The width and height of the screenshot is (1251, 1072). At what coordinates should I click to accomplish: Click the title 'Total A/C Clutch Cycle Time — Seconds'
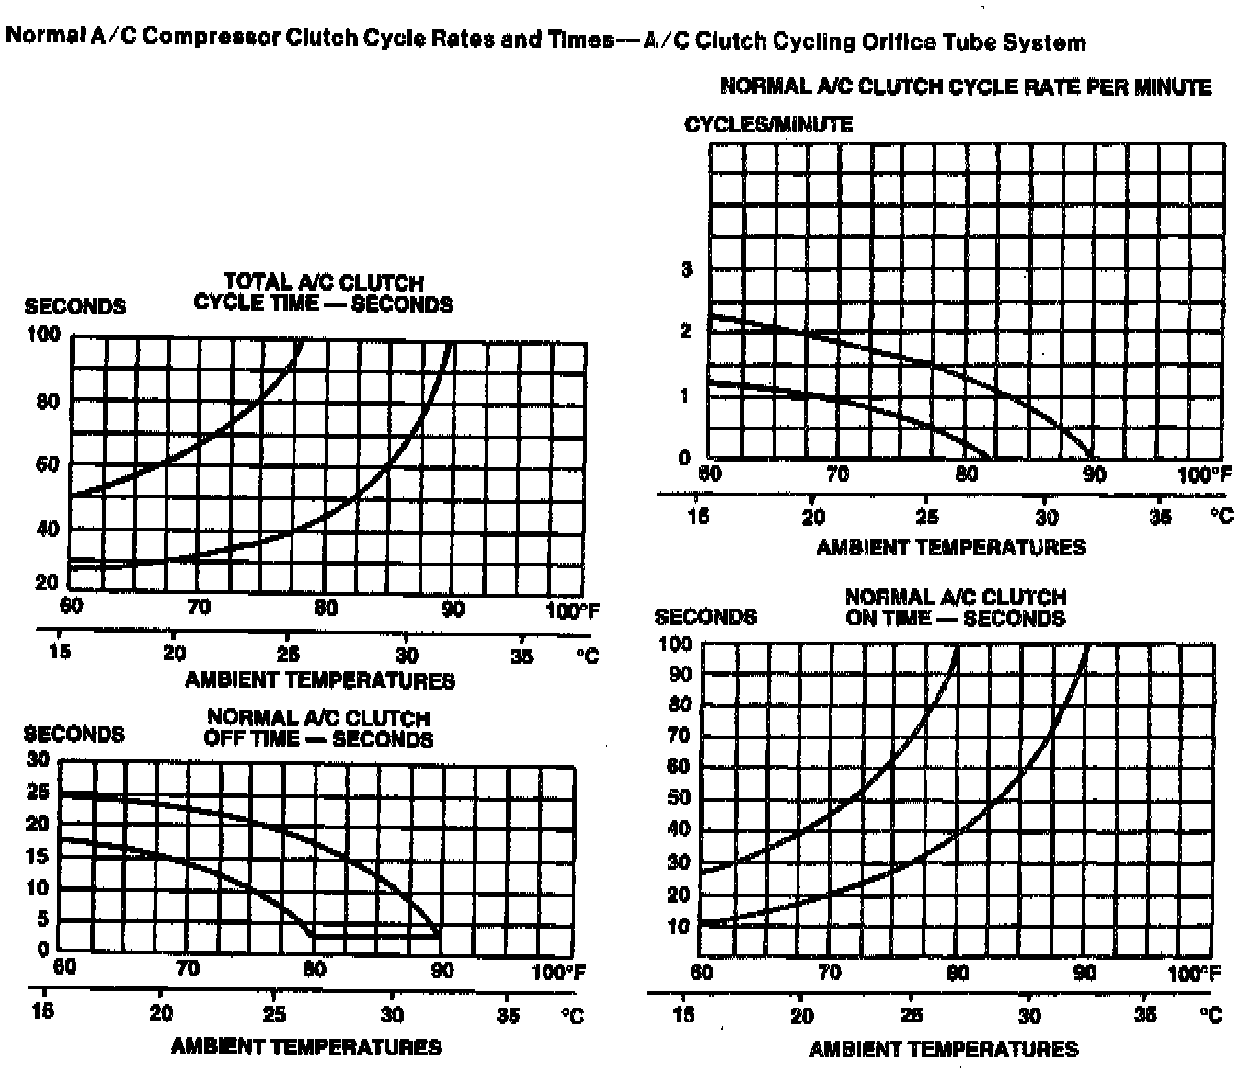[x=323, y=292]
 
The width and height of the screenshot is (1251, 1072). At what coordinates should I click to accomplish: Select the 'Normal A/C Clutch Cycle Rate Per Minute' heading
[x=965, y=87]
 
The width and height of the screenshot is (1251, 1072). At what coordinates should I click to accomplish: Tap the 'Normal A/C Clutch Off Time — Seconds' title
[x=318, y=728]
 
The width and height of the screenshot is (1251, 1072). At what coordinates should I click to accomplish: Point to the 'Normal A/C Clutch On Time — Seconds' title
[x=955, y=608]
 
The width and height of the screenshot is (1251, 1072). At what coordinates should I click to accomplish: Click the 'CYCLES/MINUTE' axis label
[x=768, y=124]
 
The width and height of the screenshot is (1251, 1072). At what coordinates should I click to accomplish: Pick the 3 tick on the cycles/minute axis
[x=685, y=269]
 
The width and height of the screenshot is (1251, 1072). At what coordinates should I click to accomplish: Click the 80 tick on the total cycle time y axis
[x=48, y=402]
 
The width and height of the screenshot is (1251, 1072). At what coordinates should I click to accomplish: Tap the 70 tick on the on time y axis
[x=679, y=736]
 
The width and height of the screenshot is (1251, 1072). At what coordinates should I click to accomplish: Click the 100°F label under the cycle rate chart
[x=1203, y=475]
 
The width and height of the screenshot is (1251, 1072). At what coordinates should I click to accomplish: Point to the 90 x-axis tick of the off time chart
[x=442, y=971]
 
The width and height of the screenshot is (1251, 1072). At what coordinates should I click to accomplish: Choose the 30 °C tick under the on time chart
[x=1029, y=1016]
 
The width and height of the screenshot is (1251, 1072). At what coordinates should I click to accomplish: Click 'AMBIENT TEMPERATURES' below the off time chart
[x=305, y=1046]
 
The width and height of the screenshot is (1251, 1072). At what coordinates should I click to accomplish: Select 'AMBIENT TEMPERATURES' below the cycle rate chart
[x=951, y=547]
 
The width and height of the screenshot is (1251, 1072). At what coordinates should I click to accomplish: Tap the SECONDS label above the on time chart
[x=706, y=617]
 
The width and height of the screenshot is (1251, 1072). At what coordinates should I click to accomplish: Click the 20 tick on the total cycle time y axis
[x=47, y=582]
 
